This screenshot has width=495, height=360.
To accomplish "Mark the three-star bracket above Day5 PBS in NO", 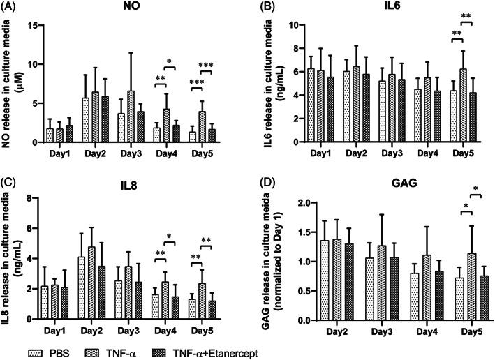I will (x=196, y=83).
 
